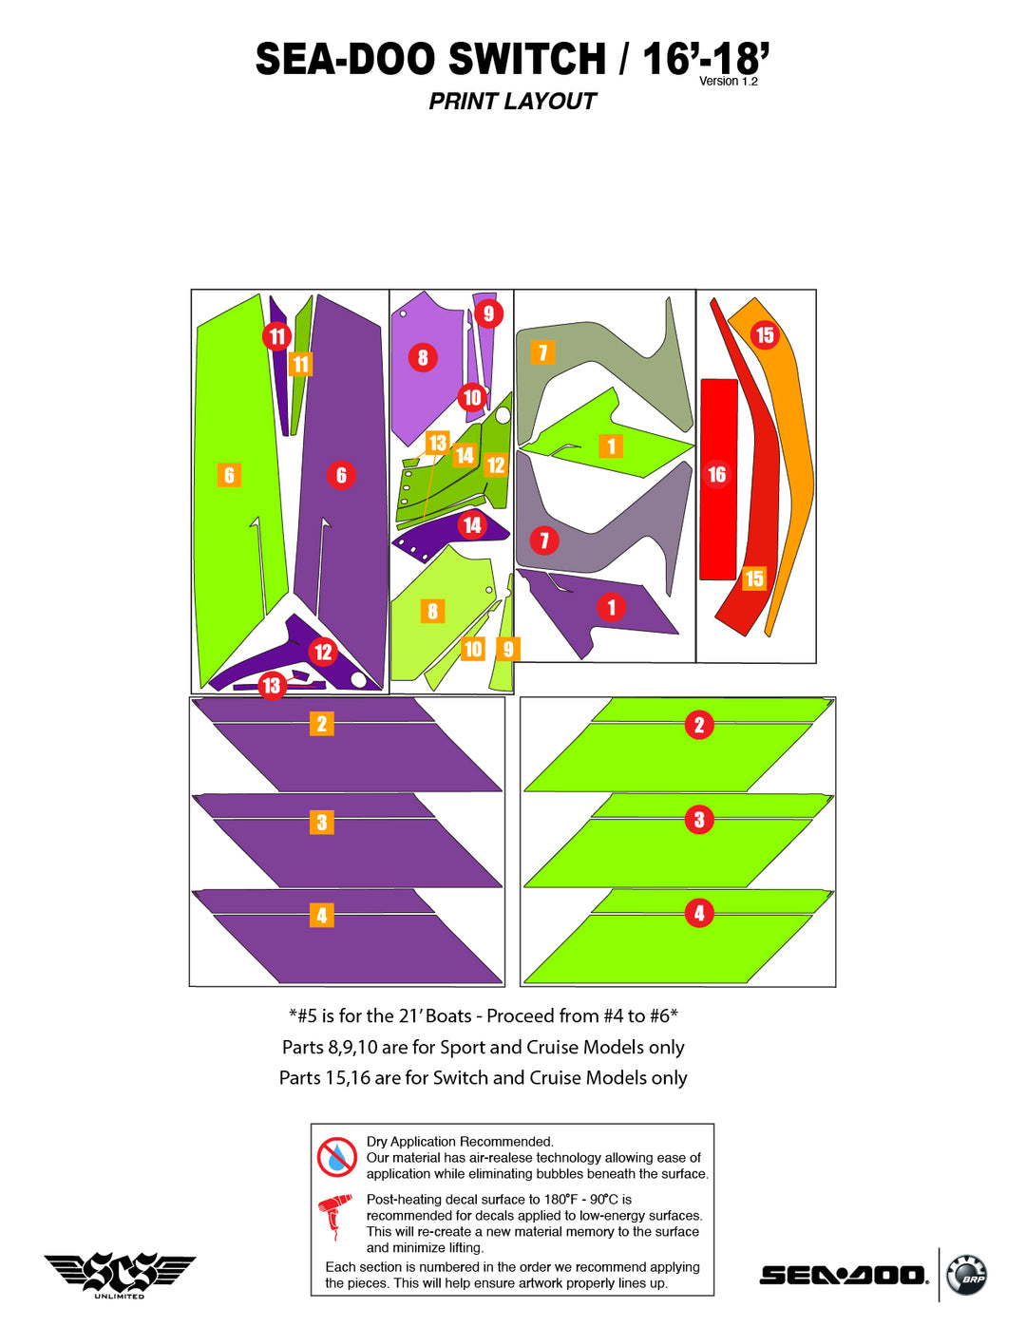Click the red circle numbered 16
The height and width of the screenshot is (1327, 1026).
coord(717,475)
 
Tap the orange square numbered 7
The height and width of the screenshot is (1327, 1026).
coord(542,352)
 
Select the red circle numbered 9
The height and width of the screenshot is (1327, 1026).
coord(488,313)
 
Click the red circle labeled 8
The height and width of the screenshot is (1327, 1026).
coord(423,358)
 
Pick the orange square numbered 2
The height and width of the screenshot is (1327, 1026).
coord(322,724)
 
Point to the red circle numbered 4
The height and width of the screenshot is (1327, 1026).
coord(699,913)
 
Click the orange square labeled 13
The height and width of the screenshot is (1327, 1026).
coord(437,443)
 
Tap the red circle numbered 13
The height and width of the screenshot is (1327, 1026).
coord(272,686)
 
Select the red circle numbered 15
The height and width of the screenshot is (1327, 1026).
coord(764,335)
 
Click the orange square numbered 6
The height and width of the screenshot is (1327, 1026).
coord(229,475)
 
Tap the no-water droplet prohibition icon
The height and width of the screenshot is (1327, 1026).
coord(336,1157)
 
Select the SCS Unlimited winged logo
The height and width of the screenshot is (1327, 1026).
coord(120,1274)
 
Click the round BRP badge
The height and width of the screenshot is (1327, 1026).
coord(967,1275)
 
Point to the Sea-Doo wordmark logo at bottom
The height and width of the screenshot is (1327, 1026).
coord(844,1275)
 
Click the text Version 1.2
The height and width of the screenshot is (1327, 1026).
coord(729,82)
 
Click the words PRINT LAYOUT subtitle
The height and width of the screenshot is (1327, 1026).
coord(512,102)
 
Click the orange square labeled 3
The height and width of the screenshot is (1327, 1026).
coord(322,823)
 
